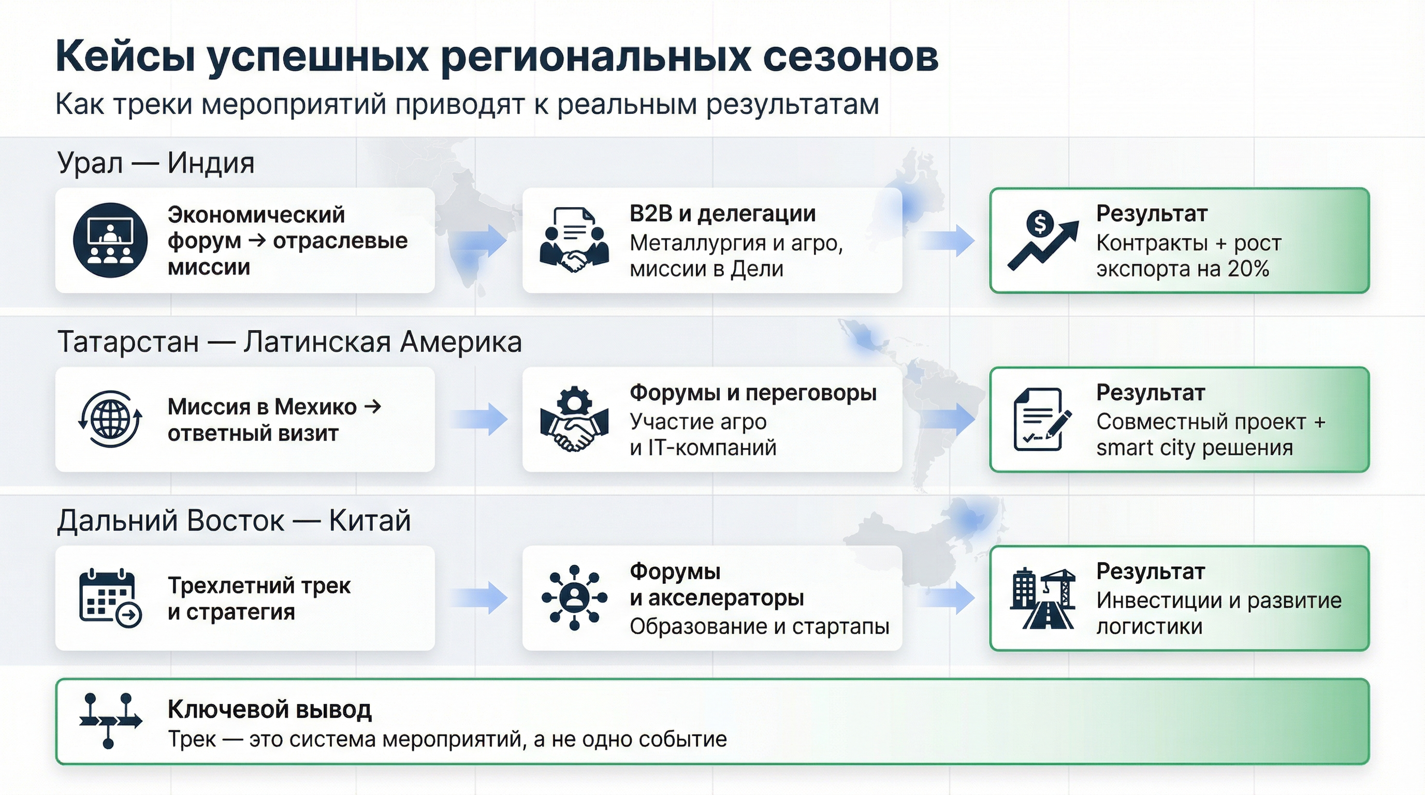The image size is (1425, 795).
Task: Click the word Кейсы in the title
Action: coord(126,57)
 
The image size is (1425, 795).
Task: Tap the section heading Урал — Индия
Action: coord(155,163)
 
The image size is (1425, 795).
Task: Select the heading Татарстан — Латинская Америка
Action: coord(289,342)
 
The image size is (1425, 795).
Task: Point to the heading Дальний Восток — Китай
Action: coord(234,521)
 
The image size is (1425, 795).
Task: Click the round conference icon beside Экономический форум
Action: coord(110,240)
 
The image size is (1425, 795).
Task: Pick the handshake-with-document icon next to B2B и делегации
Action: coord(574,240)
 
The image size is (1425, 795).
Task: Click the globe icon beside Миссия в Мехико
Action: coord(110,419)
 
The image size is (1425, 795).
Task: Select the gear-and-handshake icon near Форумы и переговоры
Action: coord(574,419)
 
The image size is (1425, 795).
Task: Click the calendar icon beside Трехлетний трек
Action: coord(110,598)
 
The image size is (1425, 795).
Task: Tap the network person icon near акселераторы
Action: coord(574,598)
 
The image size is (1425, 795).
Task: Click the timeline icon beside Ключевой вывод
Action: coord(110,721)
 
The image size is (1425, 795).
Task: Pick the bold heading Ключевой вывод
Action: coord(269,709)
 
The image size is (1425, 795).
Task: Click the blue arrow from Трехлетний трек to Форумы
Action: coord(479,598)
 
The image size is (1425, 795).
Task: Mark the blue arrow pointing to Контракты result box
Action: coord(947,240)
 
